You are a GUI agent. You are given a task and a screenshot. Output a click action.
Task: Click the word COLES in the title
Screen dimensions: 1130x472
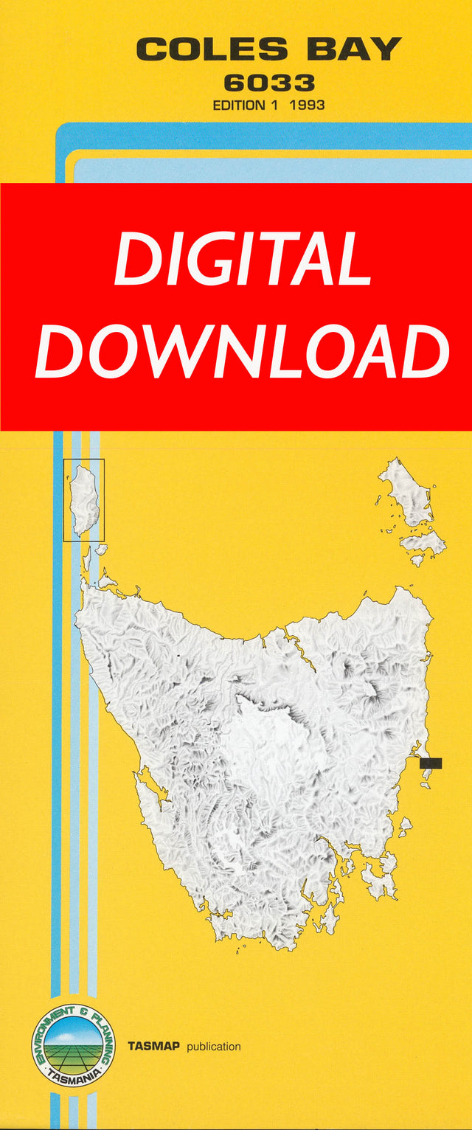click(x=212, y=50)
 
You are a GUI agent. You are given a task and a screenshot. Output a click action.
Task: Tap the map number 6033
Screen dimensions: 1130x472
click(x=268, y=83)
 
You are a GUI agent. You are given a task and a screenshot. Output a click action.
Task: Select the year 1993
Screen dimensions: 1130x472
click(x=308, y=105)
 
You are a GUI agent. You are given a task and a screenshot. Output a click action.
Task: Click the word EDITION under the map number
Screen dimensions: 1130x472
click(x=238, y=105)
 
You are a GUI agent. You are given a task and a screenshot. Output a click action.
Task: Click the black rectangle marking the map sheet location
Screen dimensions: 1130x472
click(x=431, y=763)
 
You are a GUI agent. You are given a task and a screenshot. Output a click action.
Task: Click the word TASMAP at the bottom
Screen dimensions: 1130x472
click(x=153, y=1046)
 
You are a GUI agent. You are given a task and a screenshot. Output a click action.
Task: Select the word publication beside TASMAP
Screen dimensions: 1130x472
click(x=214, y=1047)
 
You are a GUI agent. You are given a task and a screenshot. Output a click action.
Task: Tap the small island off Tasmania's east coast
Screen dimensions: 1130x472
click(x=405, y=827)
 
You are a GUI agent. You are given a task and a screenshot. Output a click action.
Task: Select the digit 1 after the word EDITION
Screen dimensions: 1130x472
click(x=274, y=105)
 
